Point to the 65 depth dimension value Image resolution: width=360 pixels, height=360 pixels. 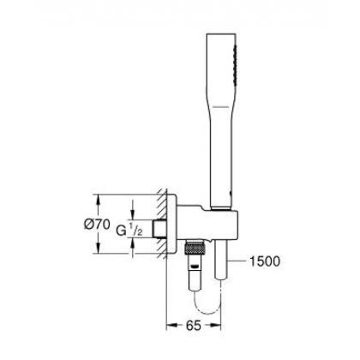click(x=195, y=327)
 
